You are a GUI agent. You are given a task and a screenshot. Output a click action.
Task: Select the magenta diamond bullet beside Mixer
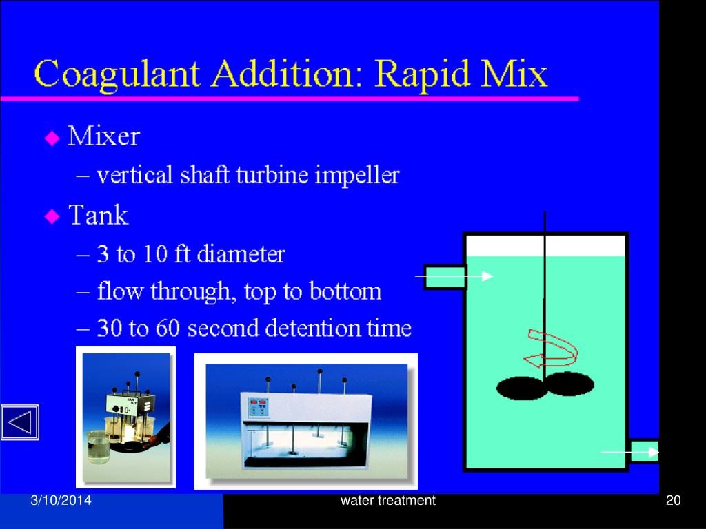52,138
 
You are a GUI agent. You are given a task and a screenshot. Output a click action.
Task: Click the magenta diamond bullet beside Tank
52,217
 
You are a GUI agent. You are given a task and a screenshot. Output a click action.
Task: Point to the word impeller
357,176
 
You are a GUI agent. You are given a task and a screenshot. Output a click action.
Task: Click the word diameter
241,255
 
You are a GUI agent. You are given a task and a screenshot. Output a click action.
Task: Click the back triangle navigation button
19,422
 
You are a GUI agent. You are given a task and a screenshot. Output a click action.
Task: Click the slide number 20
673,501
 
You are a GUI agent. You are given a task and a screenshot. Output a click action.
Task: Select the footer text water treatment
387,501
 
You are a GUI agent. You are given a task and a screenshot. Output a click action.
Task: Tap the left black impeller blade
520,388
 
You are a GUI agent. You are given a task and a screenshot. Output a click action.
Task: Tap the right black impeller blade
569,383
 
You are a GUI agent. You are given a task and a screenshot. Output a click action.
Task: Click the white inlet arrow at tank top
454,276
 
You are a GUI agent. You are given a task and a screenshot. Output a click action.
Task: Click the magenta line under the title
290,99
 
